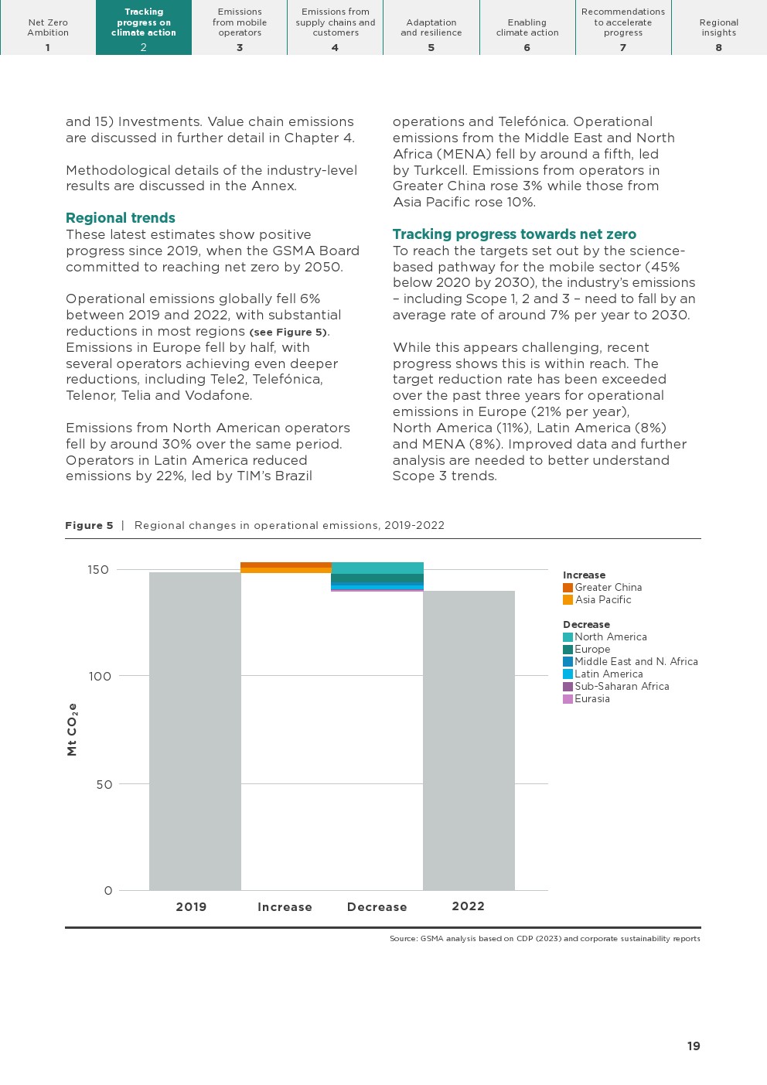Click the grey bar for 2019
pyautogui.click(x=195, y=731)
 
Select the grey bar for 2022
pyautogui.click(x=469, y=740)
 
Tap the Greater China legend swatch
pyautogui.click(x=568, y=588)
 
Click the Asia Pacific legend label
pyautogui.click(x=603, y=600)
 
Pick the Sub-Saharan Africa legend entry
pyautogui.click(x=622, y=687)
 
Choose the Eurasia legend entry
pyautogui.click(x=591, y=699)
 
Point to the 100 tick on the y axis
pyautogui.click(x=100, y=677)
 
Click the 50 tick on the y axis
pyautogui.click(x=104, y=785)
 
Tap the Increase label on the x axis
pyautogui.click(x=285, y=907)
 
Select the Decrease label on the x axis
pyautogui.click(x=377, y=907)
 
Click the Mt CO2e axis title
pyautogui.click(x=72, y=729)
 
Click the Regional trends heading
pyautogui.click(x=121, y=218)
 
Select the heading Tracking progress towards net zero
pyautogui.click(x=514, y=234)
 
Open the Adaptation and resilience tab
pyautogui.click(x=431, y=28)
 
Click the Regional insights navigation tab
pyautogui.click(x=719, y=28)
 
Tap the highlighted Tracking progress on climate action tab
pyautogui.click(x=144, y=28)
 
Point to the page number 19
pyautogui.click(x=694, y=1046)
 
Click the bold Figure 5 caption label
pyautogui.click(x=89, y=526)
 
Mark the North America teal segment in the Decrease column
pyautogui.click(x=377, y=568)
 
